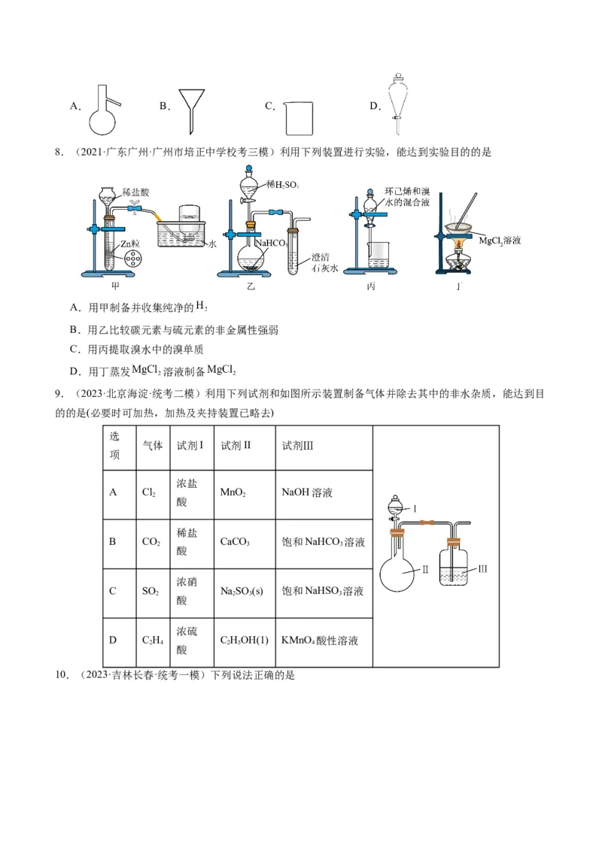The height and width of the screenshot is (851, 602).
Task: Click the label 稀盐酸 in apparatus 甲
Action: point(135,193)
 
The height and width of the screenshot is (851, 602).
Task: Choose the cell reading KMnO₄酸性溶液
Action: point(319,641)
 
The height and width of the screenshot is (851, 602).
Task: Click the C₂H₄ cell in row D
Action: point(152,641)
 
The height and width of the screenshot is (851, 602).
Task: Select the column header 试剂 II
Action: point(236,445)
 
